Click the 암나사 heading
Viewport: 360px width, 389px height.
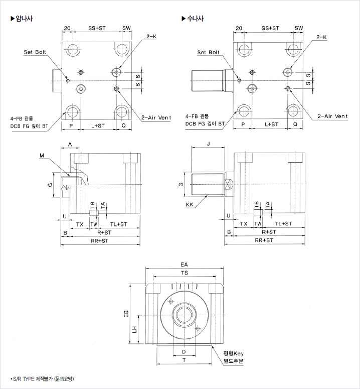(x=24, y=19)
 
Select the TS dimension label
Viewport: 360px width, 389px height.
(x=185, y=273)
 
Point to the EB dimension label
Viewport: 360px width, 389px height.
(x=127, y=314)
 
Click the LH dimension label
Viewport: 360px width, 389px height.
(x=134, y=330)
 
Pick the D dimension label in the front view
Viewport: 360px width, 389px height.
(x=184, y=352)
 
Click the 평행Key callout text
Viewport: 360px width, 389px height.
(x=233, y=353)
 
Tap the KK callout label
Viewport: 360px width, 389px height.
(x=190, y=204)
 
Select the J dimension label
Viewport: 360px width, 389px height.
(x=208, y=144)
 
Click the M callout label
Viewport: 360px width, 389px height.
(x=41, y=156)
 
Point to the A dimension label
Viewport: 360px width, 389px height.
(x=70, y=144)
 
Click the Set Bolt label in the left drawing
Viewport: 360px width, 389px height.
(x=35, y=52)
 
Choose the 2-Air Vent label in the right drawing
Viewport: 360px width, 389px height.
(x=332, y=116)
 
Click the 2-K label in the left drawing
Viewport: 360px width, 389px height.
(x=151, y=37)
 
